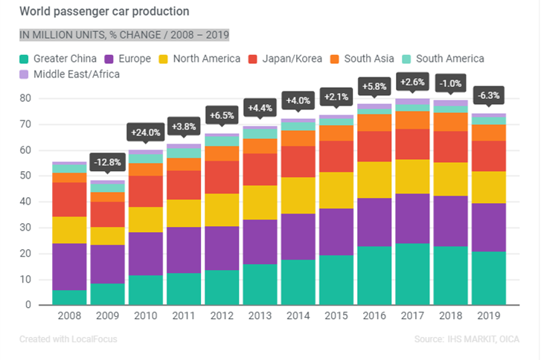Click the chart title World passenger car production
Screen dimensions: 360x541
pos(103,12)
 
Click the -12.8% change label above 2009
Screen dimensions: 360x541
pos(108,161)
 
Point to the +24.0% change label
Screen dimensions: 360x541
pos(147,133)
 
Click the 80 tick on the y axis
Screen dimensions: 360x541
pos(26,98)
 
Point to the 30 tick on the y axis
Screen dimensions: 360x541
pos(26,228)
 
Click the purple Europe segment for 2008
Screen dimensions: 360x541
pos(69,266)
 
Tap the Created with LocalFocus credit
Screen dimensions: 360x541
pos(68,339)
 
